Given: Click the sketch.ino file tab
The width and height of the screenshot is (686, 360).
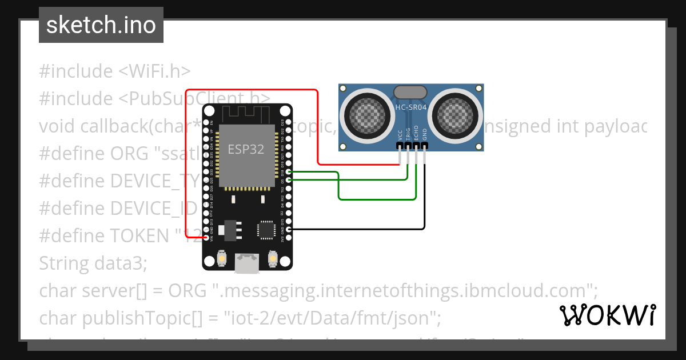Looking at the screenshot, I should [101, 25].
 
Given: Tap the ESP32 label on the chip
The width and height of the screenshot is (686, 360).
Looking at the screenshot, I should [246, 149].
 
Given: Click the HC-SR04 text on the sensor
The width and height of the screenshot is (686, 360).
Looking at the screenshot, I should [411, 107].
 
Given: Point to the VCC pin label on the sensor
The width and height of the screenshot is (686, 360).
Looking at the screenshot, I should [400, 134].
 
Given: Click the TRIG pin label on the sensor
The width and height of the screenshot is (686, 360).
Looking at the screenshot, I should [408, 133].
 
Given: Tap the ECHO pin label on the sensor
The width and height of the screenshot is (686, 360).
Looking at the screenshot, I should [416, 133].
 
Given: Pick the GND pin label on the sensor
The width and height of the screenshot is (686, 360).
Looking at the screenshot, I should [424, 134].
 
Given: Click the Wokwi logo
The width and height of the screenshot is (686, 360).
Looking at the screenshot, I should [608, 315].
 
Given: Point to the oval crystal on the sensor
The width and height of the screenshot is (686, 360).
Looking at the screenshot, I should [411, 91].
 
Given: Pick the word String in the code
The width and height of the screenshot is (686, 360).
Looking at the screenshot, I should [62, 263].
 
